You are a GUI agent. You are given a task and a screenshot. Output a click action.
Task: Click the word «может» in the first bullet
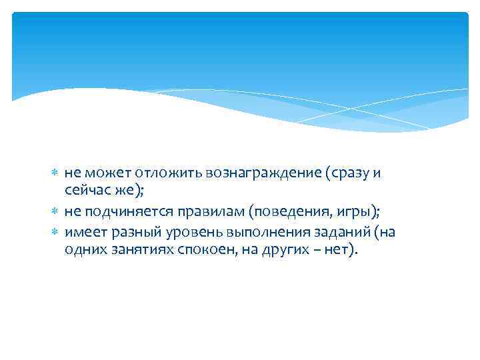pos(100,174)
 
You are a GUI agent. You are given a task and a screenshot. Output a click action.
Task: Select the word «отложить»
pos(151,174)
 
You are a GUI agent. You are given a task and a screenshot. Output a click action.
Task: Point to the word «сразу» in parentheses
pos(349,174)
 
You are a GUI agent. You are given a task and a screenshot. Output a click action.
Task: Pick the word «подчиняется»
pos(119,212)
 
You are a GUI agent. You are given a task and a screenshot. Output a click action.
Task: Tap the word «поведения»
pos(283,212)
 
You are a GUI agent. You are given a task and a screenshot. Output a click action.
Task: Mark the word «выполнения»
pos(254,231)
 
